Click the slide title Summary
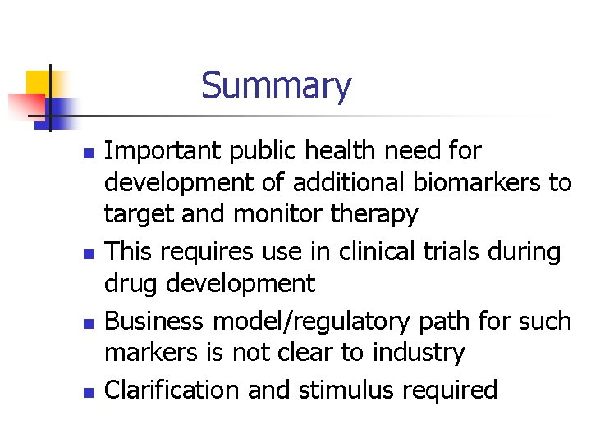pyautogui.click(x=276, y=85)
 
